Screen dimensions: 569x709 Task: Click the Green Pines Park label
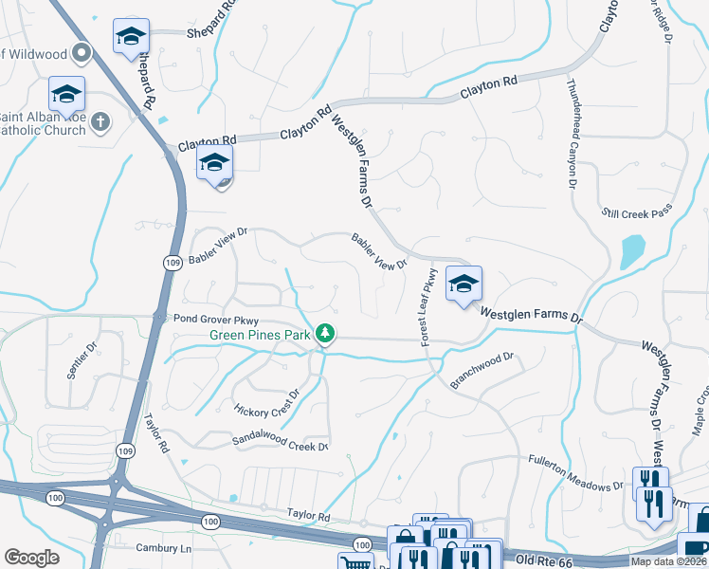pyautogui.click(x=262, y=335)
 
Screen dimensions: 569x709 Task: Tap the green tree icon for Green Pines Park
pyautogui.click(x=325, y=333)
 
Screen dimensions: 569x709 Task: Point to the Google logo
pyautogui.click(x=31, y=557)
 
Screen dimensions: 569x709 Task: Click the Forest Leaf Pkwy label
pyautogui.click(x=428, y=306)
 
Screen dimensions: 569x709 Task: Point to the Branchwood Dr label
pyautogui.click(x=482, y=363)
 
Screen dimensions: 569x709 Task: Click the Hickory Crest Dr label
pyautogui.click(x=266, y=402)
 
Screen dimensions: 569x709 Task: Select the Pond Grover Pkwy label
pyautogui.click(x=217, y=321)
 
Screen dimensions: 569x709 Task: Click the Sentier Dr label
pyautogui.click(x=82, y=361)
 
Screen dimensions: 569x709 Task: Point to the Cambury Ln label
pyautogui.click(x=163, y=548)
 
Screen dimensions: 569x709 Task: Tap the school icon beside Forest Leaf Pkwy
pyautogui.click(x=464, y=284)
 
